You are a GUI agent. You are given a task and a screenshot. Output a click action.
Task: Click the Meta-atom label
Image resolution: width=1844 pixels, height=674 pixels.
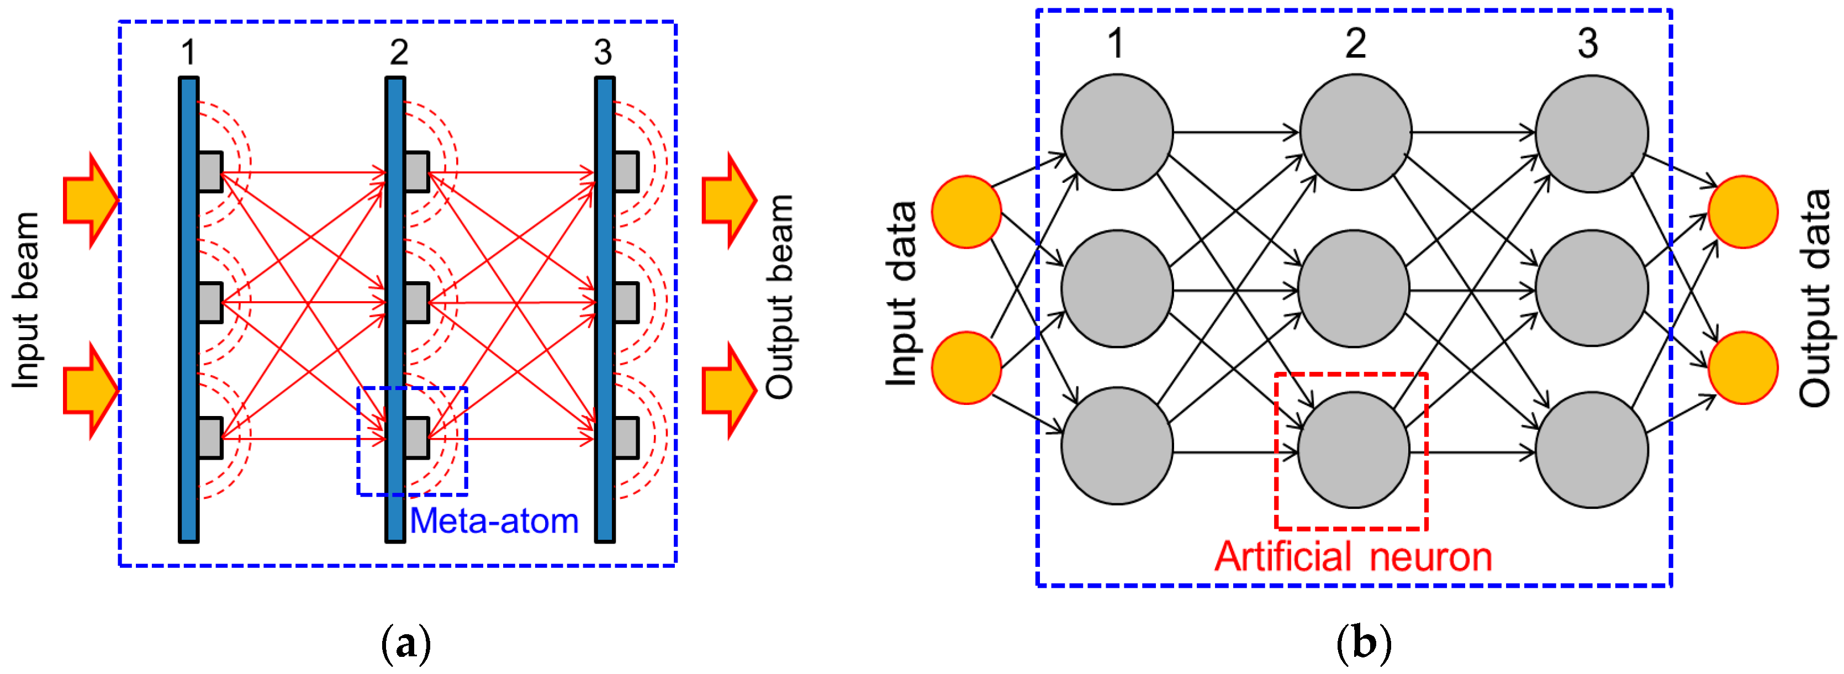494,521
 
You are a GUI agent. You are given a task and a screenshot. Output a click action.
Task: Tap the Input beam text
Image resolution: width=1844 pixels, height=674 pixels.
26,301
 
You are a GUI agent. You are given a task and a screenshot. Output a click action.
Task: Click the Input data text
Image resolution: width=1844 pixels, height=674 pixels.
901,294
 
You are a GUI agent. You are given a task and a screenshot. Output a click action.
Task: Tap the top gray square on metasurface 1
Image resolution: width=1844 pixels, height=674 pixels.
210,172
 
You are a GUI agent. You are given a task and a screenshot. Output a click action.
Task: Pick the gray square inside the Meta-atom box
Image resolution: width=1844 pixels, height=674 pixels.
416,438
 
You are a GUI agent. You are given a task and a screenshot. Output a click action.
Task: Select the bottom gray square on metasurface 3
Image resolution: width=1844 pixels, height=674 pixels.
626,438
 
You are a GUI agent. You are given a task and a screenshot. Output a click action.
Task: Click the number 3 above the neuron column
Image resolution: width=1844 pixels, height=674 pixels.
1587,43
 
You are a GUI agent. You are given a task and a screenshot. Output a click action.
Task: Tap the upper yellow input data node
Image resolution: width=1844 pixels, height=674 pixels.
966,212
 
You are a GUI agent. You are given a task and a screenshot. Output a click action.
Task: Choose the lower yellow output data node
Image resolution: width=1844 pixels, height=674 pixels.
1742,367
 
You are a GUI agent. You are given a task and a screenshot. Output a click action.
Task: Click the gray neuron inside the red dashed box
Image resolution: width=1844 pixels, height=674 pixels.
1353,450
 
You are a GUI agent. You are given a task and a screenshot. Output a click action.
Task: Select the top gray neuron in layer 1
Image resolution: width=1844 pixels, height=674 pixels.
1117,132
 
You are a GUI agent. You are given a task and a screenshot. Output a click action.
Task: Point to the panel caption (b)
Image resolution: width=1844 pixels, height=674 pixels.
1363,643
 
